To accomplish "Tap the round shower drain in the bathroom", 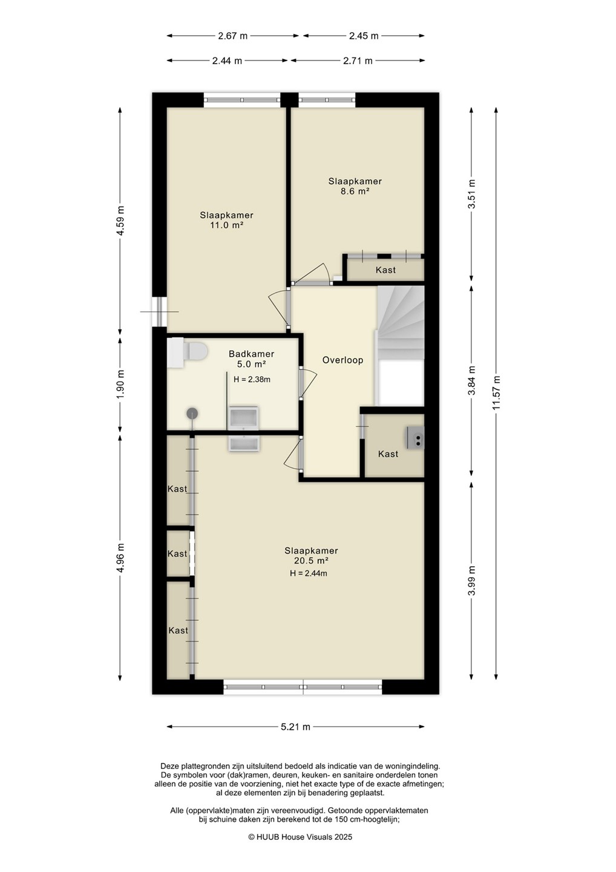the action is click(192, 413).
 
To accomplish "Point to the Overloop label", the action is click(342, 360).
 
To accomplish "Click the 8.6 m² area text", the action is click(354, 191).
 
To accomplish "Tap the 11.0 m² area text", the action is click(227, 225).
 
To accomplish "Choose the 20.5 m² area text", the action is click(311, 561).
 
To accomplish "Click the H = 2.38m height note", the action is click(252, 379).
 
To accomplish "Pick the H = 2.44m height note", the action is click(309, 573).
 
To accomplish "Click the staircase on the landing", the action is click(400, 323).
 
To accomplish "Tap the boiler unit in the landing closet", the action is click(415, 438).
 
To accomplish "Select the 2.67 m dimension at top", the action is click(232, 36).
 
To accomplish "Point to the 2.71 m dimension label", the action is click(358, 61).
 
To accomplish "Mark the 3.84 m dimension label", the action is click(472, 380).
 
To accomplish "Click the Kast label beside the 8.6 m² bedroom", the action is click(386, 270).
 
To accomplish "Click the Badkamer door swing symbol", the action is click(309, 383).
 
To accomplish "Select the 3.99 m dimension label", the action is click(472, 580).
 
